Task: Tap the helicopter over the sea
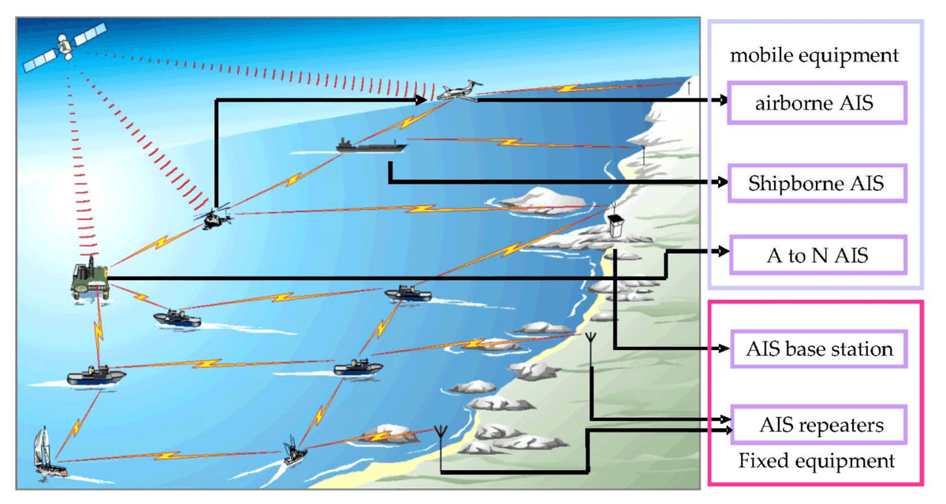pos(215,217)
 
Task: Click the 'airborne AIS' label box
pos(817,103)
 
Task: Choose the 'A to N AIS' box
pos(817,254)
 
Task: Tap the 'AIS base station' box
pos(817,349)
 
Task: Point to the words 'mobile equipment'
pos(814,55)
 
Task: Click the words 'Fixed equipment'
pos(817,460)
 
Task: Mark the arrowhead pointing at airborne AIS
pos(722,101)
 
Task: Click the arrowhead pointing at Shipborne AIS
pos(722,183)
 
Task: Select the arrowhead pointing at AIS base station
pos(722,349)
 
